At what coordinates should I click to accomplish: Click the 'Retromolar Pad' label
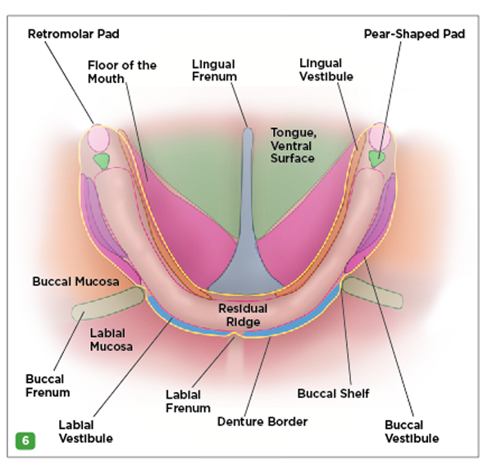tap(74, 34)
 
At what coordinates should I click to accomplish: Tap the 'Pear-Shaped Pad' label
tap(414, 34)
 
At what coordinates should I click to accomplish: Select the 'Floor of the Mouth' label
tap(121, 72)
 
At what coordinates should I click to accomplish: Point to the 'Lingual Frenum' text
tap(214, 71)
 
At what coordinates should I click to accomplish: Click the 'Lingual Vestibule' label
tap(326, 70)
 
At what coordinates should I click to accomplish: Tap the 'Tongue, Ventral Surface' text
tap(294, 145)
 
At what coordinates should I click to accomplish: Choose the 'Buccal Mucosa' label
tap(75, 281)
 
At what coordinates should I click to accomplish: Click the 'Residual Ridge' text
tap(243, 315)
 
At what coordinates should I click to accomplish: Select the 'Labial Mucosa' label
tap(111, 340)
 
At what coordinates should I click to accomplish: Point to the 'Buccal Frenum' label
tap(48, 385)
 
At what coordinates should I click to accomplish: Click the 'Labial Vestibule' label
tap(85, 431)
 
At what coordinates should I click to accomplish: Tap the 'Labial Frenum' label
tap(188, 402)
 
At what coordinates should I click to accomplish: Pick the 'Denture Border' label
tap(262, 422)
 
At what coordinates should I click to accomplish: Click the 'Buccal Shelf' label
tap(333, 394)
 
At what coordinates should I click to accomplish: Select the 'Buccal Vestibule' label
tap(412, 431)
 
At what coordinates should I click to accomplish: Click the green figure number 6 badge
tap(25, 440)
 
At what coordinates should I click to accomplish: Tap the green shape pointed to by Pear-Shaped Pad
tap(376, 159)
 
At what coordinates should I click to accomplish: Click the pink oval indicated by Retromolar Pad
tap(98, 138)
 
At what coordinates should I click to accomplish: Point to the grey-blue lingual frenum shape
tap(247, 226)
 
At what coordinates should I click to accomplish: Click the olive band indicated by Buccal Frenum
tap(108, 303)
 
